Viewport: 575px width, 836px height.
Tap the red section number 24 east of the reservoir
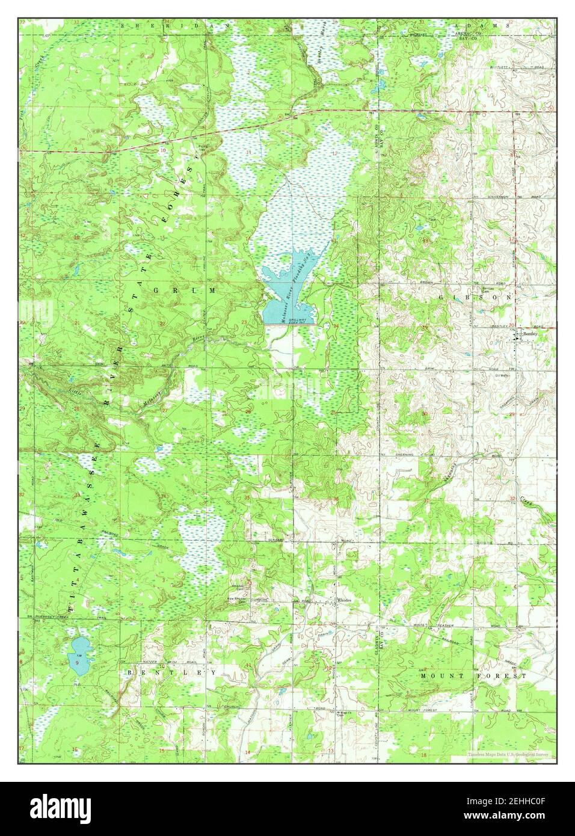(336, 327)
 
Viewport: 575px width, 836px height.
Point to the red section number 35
(248, 497)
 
